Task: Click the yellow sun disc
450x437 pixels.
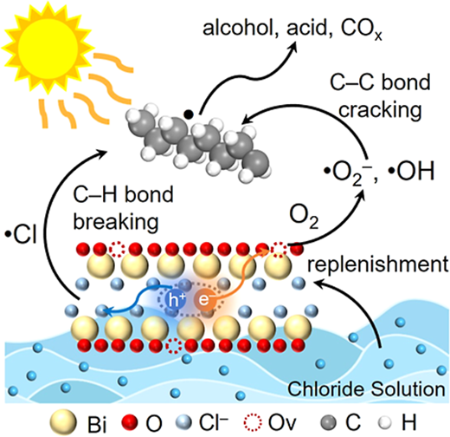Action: [x=48, y=48]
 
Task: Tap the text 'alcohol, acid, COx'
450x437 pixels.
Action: [x=292, y=29]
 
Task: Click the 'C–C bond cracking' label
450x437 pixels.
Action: [x=380, y=95]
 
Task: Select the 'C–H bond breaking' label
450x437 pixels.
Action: [x=123, y=207]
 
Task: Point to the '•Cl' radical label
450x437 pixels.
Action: [x=21, y=234]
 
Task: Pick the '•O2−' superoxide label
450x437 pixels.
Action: [x=348, y=173]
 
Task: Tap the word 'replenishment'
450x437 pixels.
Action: [x=378, y=264]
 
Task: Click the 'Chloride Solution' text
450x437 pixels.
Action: [x=366, y=388]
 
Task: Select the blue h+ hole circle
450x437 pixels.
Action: [x=175, y=300]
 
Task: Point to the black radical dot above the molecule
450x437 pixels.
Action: [x=189, y=114]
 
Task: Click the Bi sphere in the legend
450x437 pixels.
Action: [x=64, y=422]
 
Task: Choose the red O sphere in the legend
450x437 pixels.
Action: [x=130, y=422]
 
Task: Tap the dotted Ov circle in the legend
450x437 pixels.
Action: [x=253, y=422]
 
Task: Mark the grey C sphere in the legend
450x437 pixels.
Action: [x=328, y=422]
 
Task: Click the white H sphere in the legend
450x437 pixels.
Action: [x=385, y=422]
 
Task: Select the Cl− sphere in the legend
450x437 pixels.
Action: [x=183, y=422]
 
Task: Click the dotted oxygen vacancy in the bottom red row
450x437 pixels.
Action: [x=175, y=345]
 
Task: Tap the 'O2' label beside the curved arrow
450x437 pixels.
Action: [x=304, y=216]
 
